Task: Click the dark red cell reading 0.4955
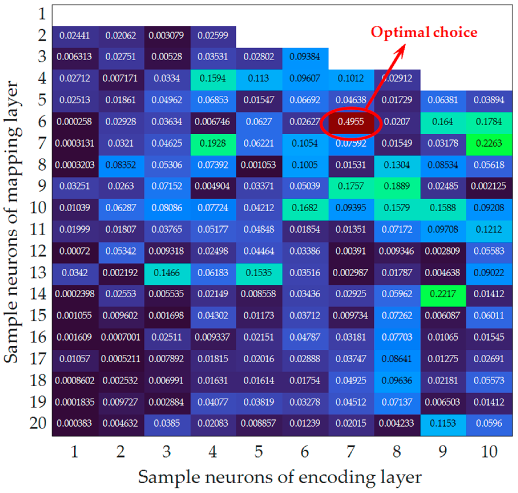pos(351,122)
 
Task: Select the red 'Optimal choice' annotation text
pos(423,32)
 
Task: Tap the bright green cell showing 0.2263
pos(489,143)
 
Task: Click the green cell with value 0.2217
pos(443,294)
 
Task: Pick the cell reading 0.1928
pos(213,143)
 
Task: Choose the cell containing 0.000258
pos(75,122)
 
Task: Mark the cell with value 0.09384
pos(305,57)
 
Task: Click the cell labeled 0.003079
pos(166,35)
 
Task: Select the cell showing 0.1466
pos(167,273)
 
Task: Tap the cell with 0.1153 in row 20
pos(443,423)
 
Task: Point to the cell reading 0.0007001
pos(121,337)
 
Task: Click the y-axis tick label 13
pos(38,273)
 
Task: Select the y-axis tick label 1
pos(42,14)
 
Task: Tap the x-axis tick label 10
pos(489,452)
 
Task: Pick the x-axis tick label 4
pos(213,452)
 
